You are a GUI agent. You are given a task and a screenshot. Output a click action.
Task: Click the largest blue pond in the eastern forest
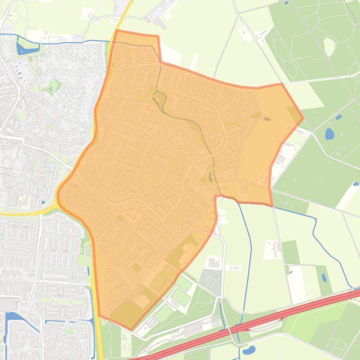coord(330,135)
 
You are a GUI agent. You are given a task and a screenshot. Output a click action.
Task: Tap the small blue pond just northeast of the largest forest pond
coord(338,117)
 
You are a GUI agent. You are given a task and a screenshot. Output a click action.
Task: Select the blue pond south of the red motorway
coord(249,350)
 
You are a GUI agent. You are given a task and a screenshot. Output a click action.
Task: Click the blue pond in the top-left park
coord(22,48)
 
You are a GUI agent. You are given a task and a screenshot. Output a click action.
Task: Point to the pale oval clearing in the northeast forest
coord(329,45)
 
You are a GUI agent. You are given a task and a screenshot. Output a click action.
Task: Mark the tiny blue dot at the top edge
coord(286,3)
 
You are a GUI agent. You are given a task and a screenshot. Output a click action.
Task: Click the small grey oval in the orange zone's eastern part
coord(267,119)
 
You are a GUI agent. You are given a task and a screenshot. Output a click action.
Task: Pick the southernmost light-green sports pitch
coord(163,314)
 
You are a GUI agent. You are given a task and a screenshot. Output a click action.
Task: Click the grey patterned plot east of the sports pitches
coord(210,281)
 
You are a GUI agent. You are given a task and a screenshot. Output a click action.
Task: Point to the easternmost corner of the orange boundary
coord(303,118)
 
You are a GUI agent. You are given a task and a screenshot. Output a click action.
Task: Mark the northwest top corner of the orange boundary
coord(116,31)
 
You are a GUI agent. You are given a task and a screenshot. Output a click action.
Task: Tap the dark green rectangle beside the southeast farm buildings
coord(290,252)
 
